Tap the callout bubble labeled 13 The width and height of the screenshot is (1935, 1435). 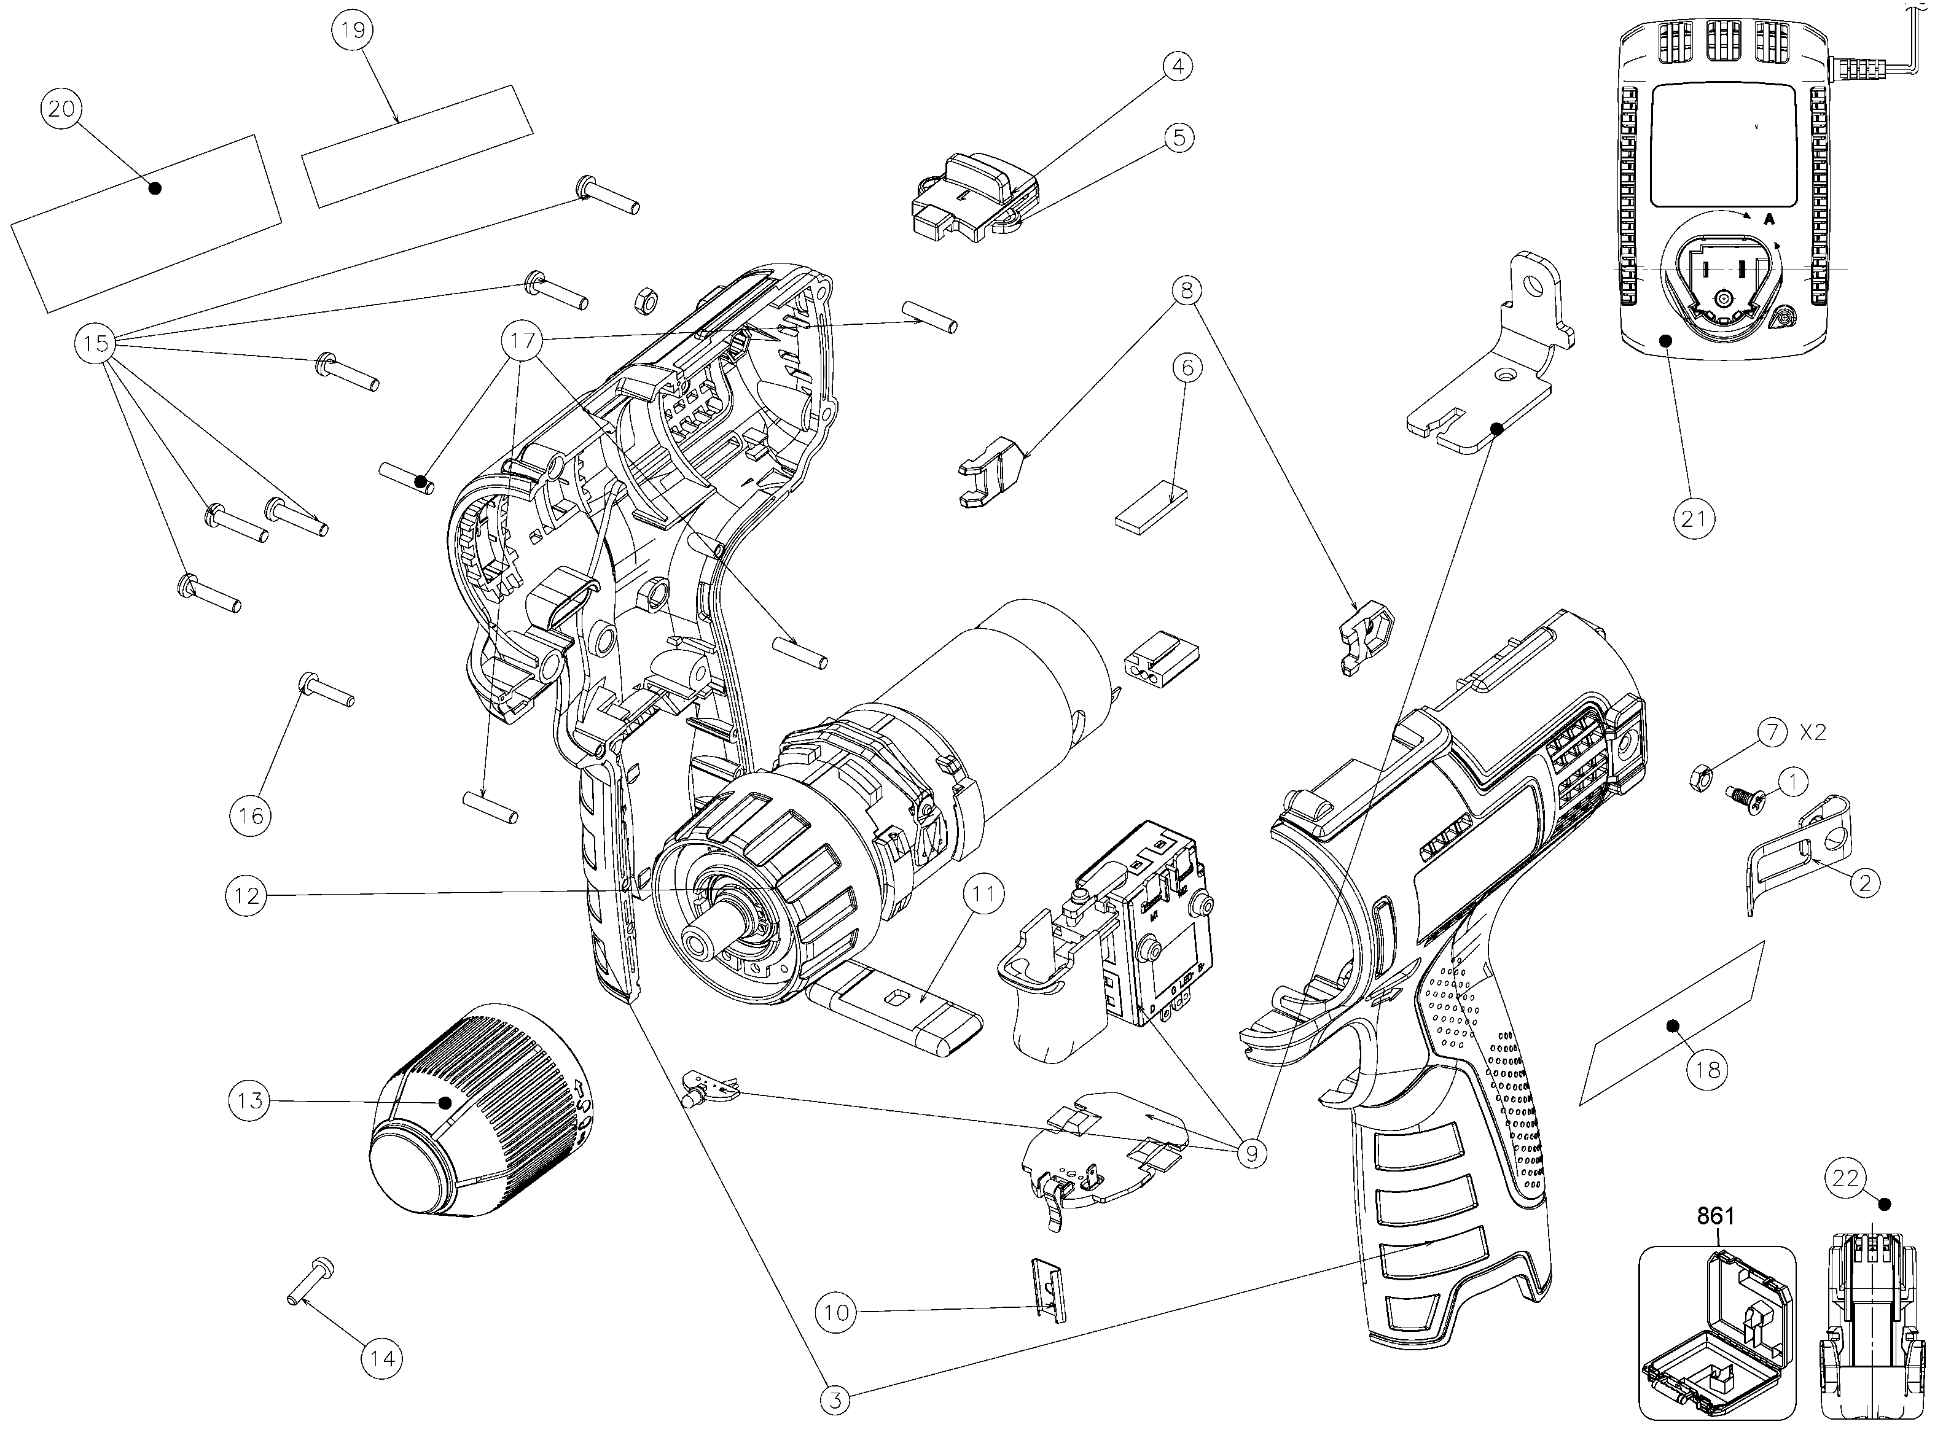click(x=249, y=1100)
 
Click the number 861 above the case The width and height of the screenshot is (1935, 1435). click(x=1715, y=1216)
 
